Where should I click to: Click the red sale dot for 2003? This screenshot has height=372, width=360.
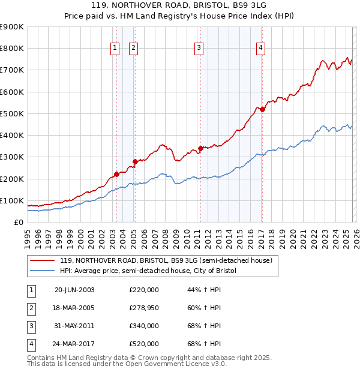pyautogui.click(x=116, y=175)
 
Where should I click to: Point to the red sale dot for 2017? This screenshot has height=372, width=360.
pyautogui.click(x=262, y=109)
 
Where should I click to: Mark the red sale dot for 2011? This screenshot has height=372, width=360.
pyautogui.click(x=200, y=148)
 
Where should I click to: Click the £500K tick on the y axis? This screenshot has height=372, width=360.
pyautogui.click(x=12, y=113)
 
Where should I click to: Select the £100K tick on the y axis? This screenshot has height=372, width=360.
pyautogui.click(x=12, y=200)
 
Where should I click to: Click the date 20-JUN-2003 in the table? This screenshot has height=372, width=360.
pyautogui.click(x=74, y=290)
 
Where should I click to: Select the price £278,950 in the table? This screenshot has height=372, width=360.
pyautogui.click(x=143, y=308)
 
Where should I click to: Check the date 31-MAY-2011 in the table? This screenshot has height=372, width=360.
pyautogui.click(x=74, y=326)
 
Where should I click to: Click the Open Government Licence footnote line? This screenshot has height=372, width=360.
pyautogui.click(x=127, y=364)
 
